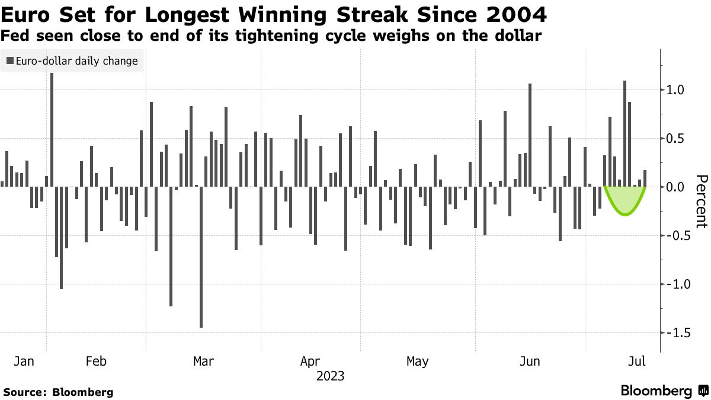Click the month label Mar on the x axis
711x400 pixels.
(204, 361)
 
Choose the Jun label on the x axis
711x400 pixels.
(529, 361)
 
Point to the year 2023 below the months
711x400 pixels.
(331, 376)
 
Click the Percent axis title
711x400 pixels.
(702, 201)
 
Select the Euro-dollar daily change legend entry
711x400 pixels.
(72, 61)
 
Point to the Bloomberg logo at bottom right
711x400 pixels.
(664, 391)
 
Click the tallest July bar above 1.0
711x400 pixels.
(624, 133)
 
